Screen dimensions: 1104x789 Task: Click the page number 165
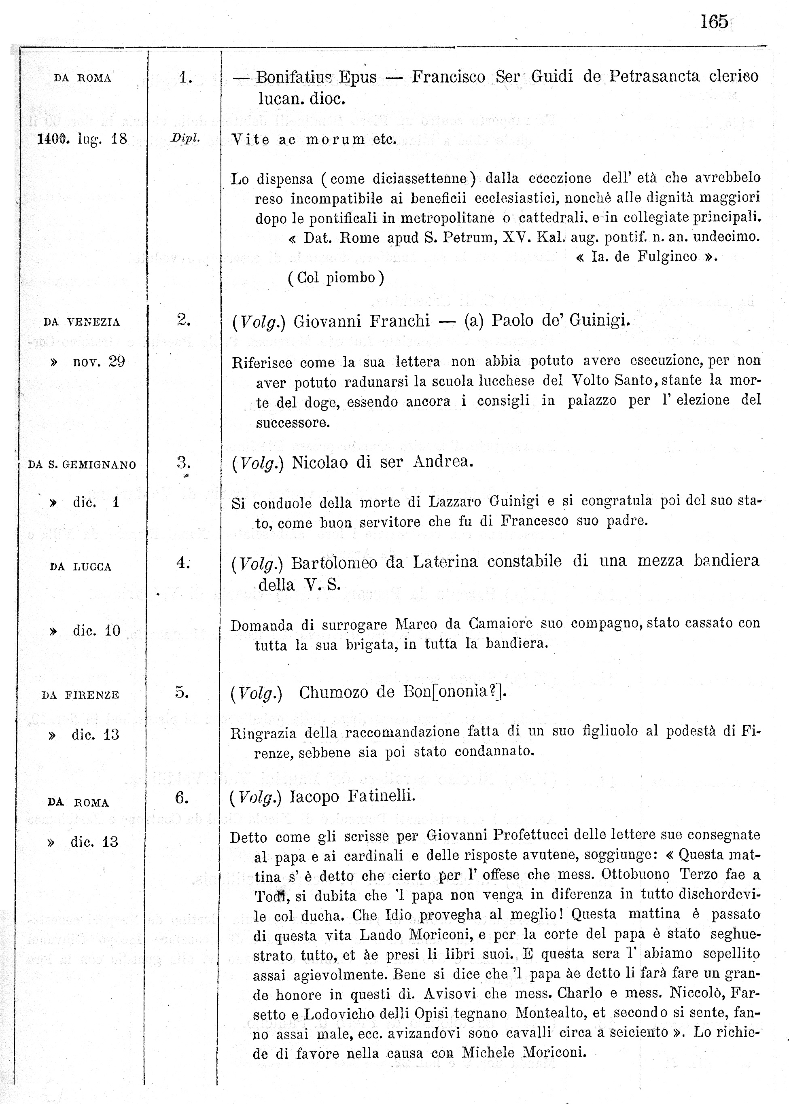[714, 22]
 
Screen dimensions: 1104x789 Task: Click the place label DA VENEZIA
[82, 322]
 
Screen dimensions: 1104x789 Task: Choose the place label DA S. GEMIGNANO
[82, 465]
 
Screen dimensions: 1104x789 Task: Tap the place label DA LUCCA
[81, 567]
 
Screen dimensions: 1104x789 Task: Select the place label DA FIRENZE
[80, 695]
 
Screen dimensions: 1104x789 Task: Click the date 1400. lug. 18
[82, 140]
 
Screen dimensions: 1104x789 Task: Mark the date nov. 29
[99, 362]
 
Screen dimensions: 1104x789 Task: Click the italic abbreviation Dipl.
[185, 138]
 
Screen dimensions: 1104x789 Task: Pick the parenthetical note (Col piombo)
[336, 278]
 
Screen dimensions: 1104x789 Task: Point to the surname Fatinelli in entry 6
[382, 797]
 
